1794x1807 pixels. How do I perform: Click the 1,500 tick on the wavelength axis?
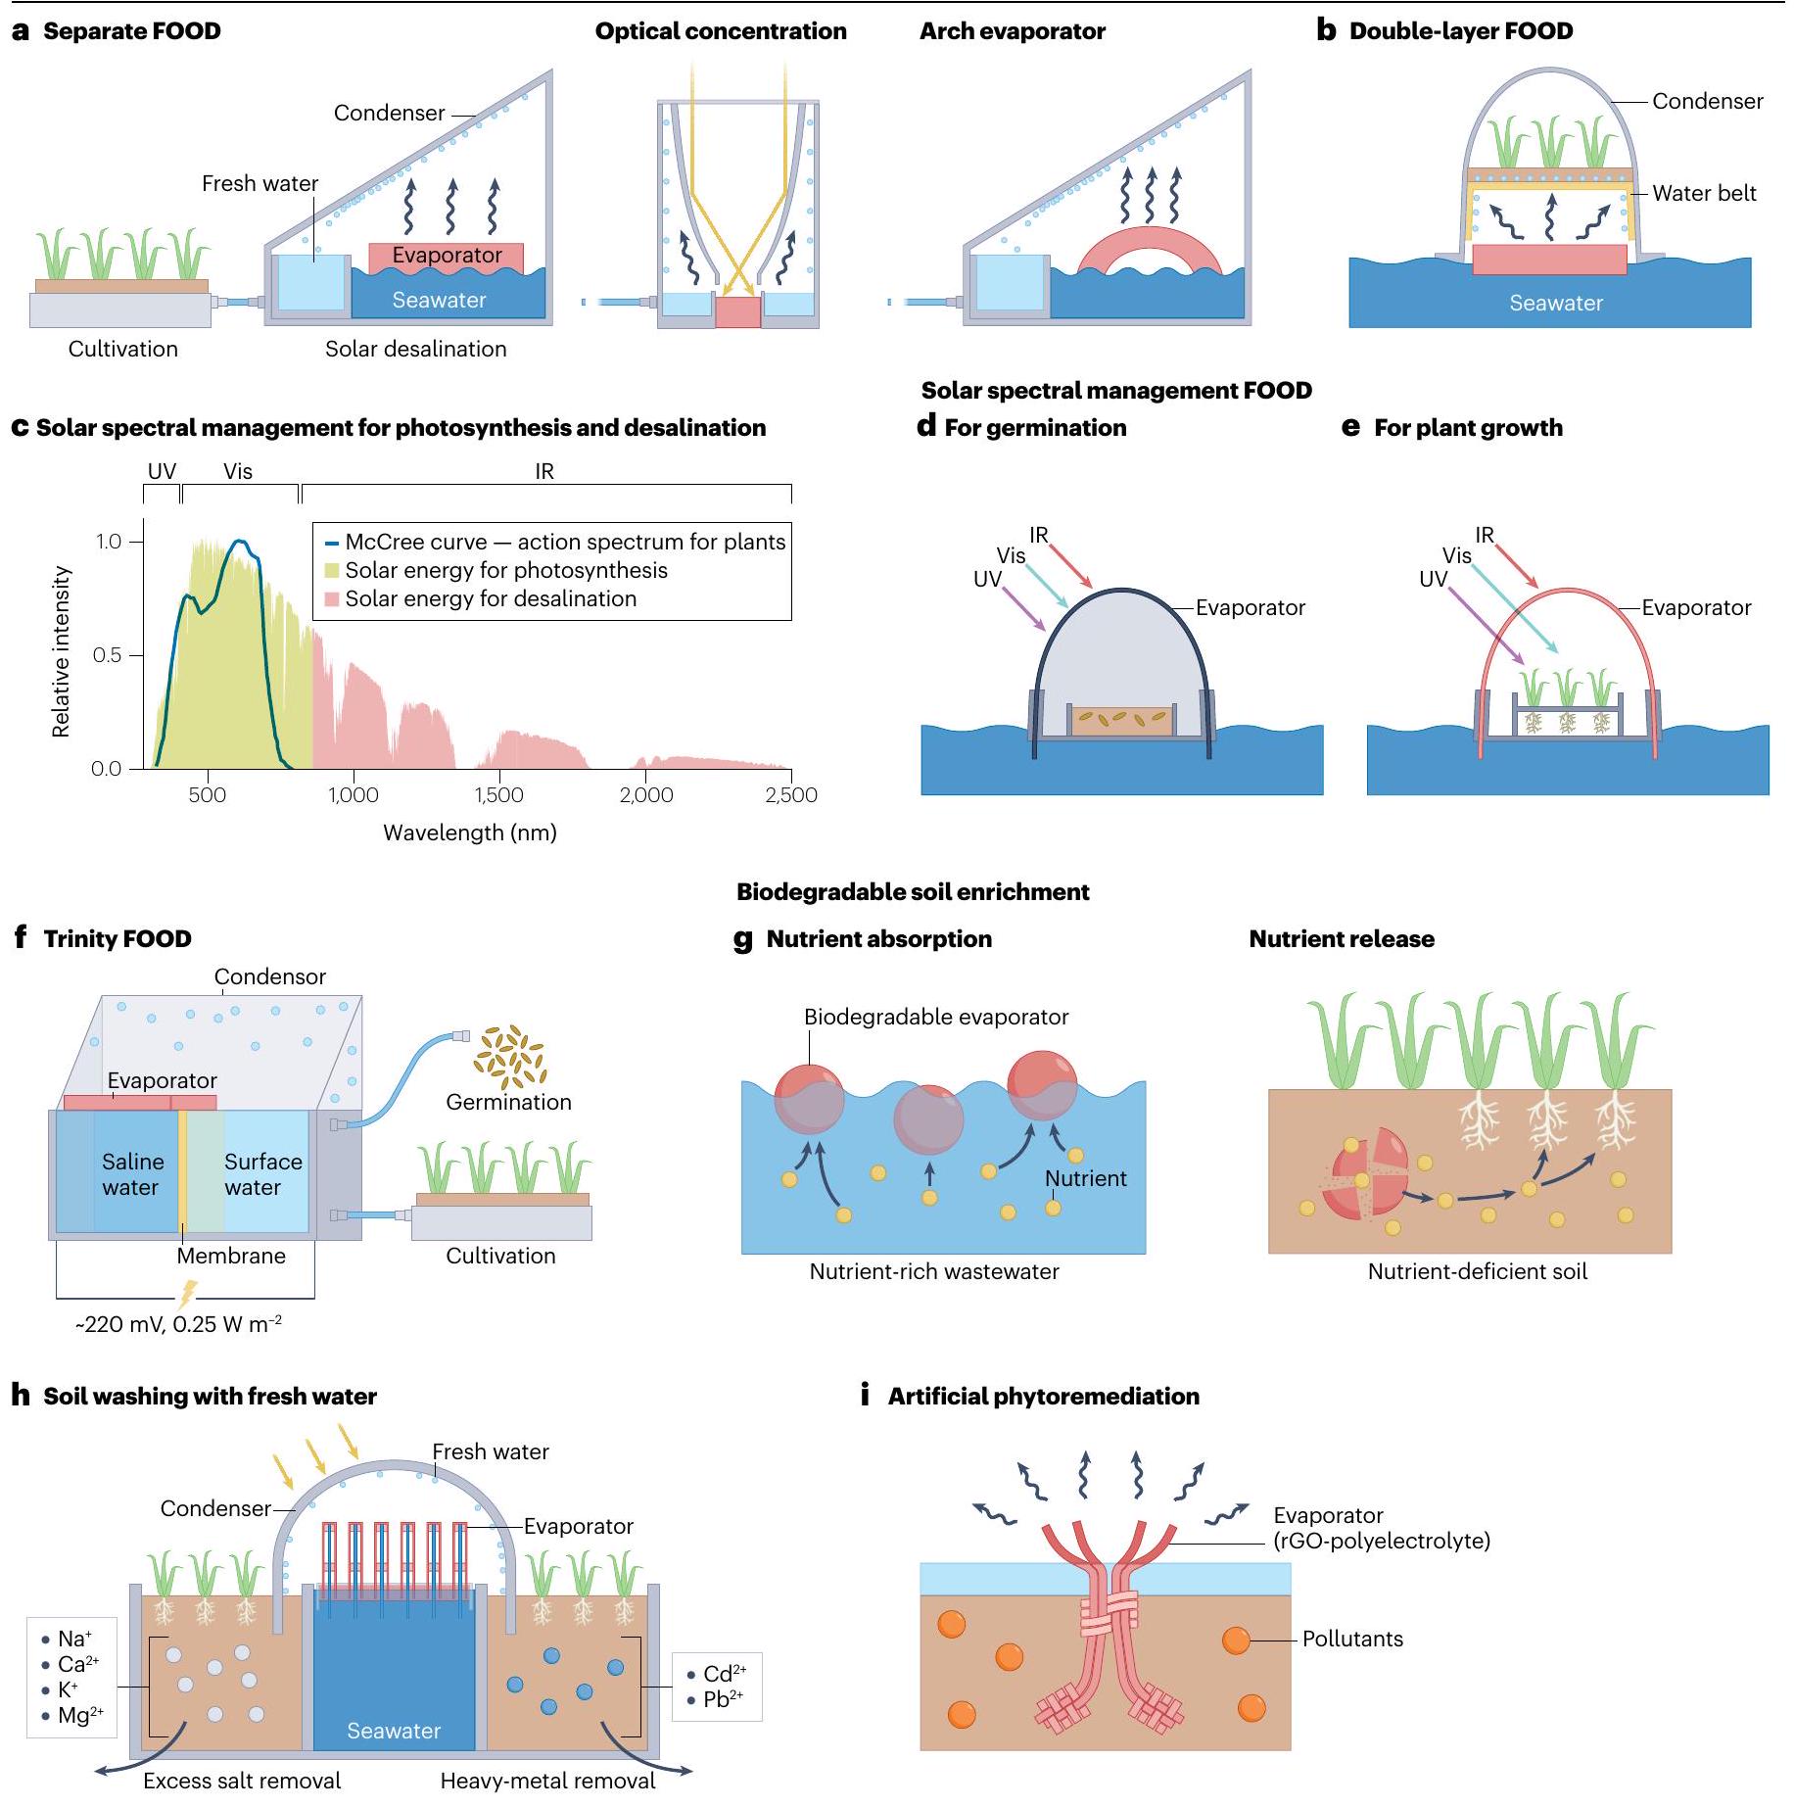pos(499,794)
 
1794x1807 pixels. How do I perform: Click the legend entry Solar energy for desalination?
pos(490,598)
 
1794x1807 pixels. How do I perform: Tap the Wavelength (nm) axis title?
pos(469,832)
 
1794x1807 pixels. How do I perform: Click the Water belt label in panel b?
pos(1704,193)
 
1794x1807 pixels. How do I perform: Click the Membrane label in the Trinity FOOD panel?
pos(231,1256)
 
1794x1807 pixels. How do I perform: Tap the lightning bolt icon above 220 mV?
pos(186,1295)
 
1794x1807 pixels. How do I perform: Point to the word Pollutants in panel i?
pos(1352,1639)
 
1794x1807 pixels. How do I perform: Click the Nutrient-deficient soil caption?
pos(1477,1271)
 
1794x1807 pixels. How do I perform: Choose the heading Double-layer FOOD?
pos(1460,31)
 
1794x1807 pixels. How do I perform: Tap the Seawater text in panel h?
pos(394,1731)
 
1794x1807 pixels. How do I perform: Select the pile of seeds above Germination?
pos(508,1057)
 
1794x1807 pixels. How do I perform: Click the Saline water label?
pos(132,1174)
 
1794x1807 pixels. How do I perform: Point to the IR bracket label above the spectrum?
pos(544,471)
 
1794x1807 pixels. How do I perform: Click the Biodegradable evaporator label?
pos(936,1017)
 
